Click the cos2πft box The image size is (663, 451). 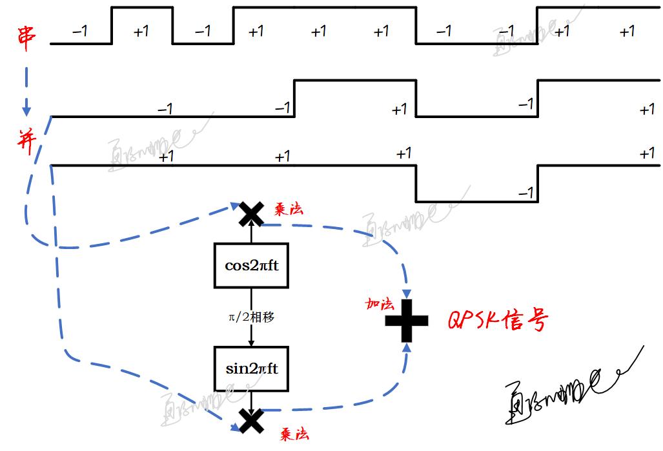pos(251,265)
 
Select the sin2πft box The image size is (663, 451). pos(251,369)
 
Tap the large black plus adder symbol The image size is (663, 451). pos(407,321)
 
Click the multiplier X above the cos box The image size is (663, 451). pos(251,214)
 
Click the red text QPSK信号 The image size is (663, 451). pos(498,319)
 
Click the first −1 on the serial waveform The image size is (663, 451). pos(80,31)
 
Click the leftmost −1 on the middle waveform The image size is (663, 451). pos(165,109)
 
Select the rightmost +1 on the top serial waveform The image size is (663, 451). pos(627,31)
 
